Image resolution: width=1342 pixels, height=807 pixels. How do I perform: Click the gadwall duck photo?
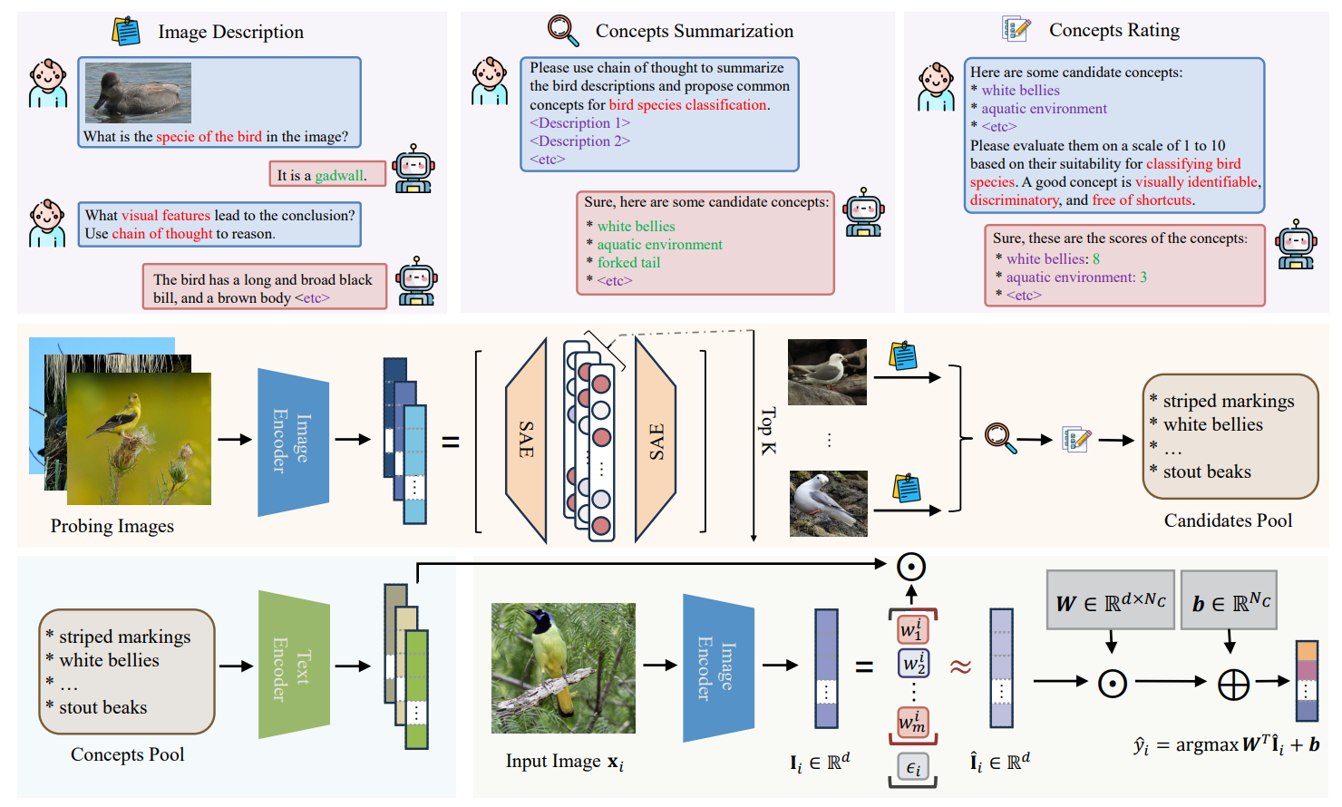pos(138,92)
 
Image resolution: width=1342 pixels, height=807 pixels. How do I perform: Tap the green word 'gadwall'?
pos(339,175)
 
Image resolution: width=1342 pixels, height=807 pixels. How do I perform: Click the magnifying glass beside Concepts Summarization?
pos(563,30)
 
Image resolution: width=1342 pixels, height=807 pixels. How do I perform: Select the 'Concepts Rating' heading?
pos(1113,30)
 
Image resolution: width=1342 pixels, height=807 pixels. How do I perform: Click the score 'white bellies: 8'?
pos(1052,258)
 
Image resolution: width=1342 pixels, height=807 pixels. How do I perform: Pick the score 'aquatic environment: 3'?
pos(1075,277)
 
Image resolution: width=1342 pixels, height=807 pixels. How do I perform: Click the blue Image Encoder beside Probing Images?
pos(293,442)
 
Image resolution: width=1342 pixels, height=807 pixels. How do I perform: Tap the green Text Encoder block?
pos(294,666)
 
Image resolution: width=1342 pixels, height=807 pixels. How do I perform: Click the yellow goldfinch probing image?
pos(139,439)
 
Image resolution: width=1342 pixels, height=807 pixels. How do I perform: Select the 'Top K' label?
pos(767,431)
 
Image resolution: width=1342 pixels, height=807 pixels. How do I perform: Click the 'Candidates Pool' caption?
pos(1228,520)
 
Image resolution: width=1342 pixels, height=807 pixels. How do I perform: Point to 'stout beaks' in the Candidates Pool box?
pos(1206,472)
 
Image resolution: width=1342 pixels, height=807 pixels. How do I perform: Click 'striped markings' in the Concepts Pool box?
pos(124,637)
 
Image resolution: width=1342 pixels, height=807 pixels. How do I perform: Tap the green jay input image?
pos(563,668)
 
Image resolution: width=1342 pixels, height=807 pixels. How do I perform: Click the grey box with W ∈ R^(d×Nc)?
pos(1110,601)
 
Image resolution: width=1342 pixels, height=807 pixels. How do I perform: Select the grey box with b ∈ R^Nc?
pos(1230,601)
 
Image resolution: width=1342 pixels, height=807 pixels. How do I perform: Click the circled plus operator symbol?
pos(1233,684)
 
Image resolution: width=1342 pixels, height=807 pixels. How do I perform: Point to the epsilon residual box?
pos(912,768)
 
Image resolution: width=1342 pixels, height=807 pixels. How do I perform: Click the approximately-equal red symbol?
pos(960,667)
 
